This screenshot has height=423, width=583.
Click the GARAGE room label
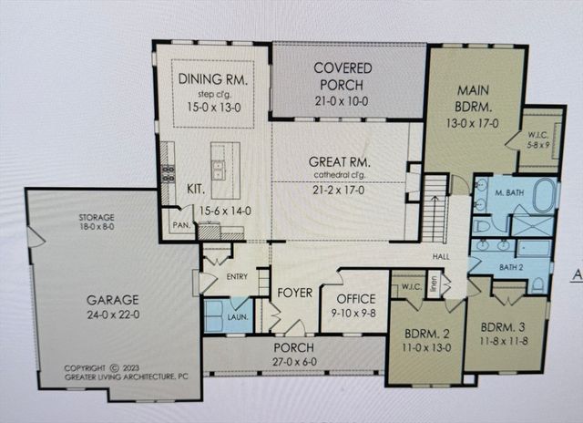pyautogui.click(x=113, y=299)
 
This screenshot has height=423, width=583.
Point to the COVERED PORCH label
pyautogui.click(x=342, y=68)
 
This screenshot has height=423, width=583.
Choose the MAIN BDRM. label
pyautogui.click(x=476, y=93)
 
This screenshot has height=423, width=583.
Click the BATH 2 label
pyautogui.click(x=513, y=266)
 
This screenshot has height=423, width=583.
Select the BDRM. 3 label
pyautogui.click(x=505, y=326)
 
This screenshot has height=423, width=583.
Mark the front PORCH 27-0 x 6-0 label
pyautogui.click(x=293, y=348)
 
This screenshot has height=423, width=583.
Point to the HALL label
pyautogui.click(x=441, y=258)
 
